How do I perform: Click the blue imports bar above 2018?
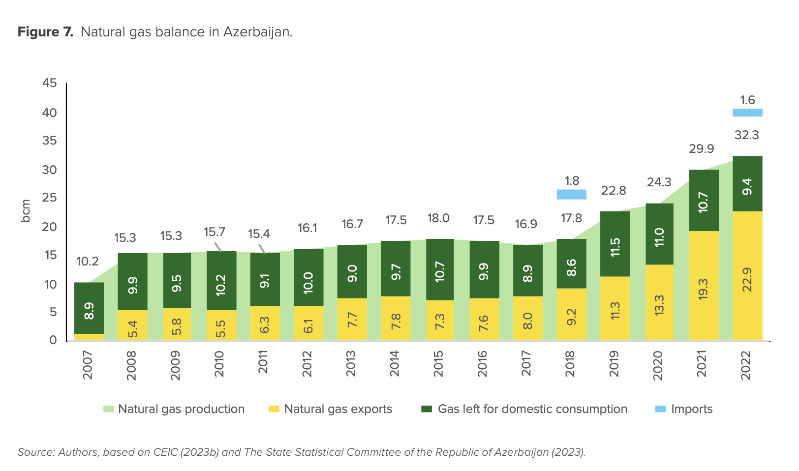pyautogui.click(x=571, y=194)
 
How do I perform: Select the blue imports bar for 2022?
pyautogui.click(x=747, y=113)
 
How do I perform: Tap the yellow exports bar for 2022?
pyautogui.click(x=747, y=275)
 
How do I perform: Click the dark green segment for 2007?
pyautogui.click(x=89, y=308)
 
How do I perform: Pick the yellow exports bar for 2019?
pyautogui.click(x=615, y=308)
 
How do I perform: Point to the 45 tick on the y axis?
pyautogui.click(x=50, y=83)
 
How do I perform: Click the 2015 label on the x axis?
pyautogui.click(x=438, y=364)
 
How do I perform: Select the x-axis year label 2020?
pyautogui.click(x=658, y=365)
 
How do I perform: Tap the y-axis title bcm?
pyautogui.click(x=26, y=210)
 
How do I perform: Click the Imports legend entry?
pyautogui.click(x=691, y=409)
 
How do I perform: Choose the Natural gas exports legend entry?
pyautogui.click(x=338, y=409)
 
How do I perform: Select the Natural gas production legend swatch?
pyautogui.click(x=109, y=409)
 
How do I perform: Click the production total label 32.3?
pyautogui.click(x=746, y=135)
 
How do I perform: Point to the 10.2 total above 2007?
pyautogui.click(x=88, y=262)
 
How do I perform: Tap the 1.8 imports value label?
pyautogui.click(x=572, y=181)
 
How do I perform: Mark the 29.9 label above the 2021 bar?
pyautogui.click(x=701, y=149)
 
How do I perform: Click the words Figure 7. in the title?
pyautogui.click(x=45, y=32)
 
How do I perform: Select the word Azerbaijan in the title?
pyautogui.click(x=257, y=32)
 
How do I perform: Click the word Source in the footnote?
pyautogui.click(x=35, y=452)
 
